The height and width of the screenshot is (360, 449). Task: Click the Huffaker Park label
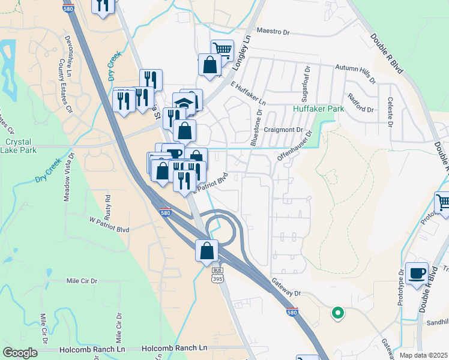pyautogui.click(x=318, y=109)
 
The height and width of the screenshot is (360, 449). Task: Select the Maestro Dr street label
pyautogui.click(x=273, y=30)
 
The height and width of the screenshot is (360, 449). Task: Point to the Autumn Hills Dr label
pyautogui.click(x=355, y=73)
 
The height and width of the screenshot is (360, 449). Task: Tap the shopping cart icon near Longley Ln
pyautogui.click(x=222, y=50)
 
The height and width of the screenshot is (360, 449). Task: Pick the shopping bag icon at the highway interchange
pyautogui.click(x=206, y=250)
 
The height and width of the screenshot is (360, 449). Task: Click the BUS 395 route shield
pyautogui.click(x=217, y=275)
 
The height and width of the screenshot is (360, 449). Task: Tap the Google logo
pyautogui.click(x=20, y=353)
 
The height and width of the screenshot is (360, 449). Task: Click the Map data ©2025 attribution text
pyautogui.click(x=424, y=355)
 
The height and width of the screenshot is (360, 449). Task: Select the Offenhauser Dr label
pyautogui.click(x=295, y=146)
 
